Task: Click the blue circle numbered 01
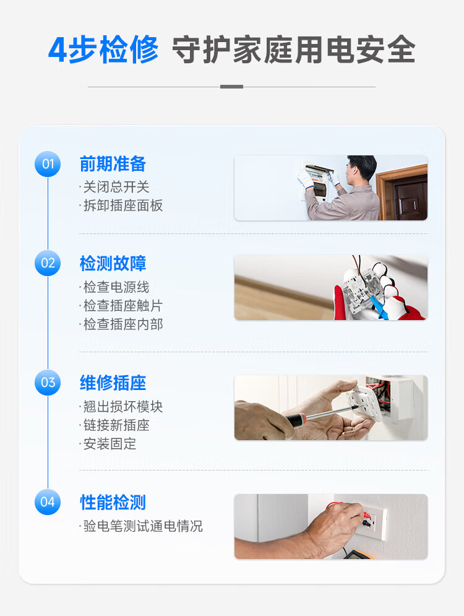[48, 164]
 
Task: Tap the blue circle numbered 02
[48, 263]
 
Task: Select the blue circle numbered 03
[48, 383]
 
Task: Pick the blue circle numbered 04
[48, 501]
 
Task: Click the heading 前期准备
[113, 164]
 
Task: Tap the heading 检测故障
[113, 263]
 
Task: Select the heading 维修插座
[113, 383]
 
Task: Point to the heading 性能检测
[113, 502]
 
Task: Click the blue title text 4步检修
[103, 50]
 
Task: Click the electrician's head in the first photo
[361, 169]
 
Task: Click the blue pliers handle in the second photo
[379, 307]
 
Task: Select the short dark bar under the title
[231, 87]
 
